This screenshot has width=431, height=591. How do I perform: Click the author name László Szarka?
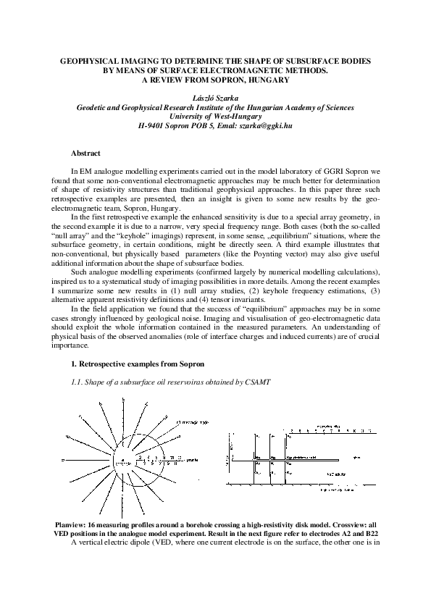point(215,97)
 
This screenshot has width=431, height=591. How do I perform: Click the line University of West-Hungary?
point(215,116)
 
